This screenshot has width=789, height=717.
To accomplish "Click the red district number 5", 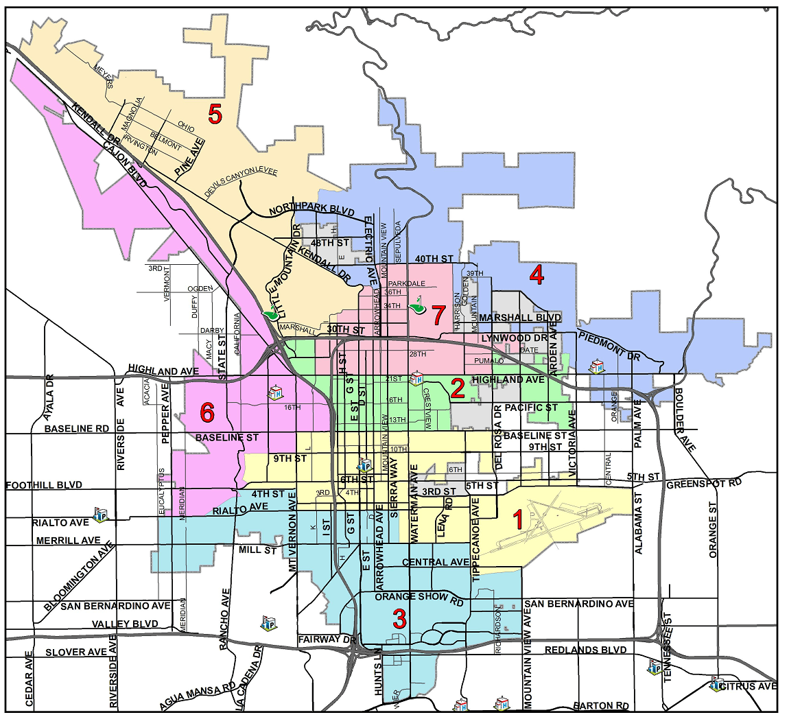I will [x=215, y=115].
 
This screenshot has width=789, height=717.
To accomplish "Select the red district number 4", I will [x=537, y=275].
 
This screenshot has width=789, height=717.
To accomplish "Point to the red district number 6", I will [x=207, y=412].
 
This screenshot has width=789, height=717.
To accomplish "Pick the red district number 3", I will [x=399, y=619].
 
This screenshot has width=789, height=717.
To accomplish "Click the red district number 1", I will [x=518, y=519].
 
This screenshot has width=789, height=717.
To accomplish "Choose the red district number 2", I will [x=458, y=389].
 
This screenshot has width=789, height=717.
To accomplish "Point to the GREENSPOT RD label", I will [x=704, y=483].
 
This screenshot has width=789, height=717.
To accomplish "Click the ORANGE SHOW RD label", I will [x=419, y=597].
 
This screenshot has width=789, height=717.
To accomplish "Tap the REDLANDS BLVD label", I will [x=585, y=650].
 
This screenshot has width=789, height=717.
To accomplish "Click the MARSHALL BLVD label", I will [x=520, y=318].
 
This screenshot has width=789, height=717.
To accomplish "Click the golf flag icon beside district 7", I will [x=416, y=305].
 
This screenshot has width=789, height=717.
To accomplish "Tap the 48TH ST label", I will [x=330, y=243].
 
